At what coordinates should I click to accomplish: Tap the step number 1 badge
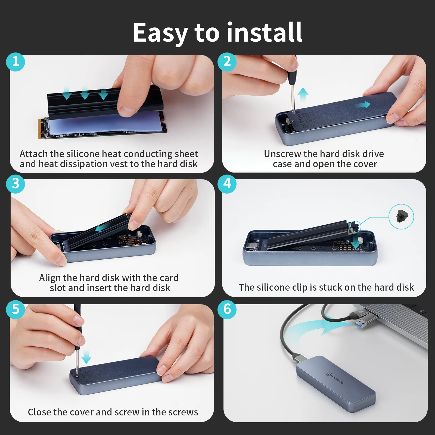click(x=15, y=62)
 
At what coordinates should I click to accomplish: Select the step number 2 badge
click(x=227, y=62)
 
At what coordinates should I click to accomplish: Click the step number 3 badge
click(x=15, y=184)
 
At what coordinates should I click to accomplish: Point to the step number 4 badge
click(x=227, y=184)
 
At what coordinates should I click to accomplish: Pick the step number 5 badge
click(x=15, y=309)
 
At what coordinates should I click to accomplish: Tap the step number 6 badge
click(x=227, y=309)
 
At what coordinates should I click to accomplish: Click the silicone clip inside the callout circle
click(x=402, y=216)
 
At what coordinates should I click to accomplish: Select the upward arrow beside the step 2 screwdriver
click(x=303, y=94)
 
